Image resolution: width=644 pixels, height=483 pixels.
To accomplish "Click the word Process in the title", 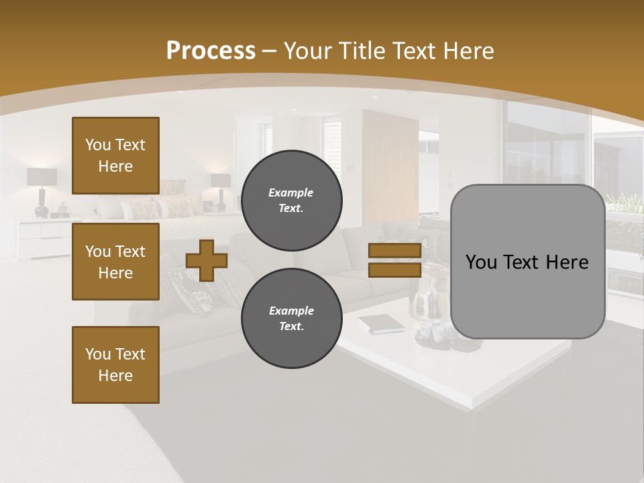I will [x=211, y=50].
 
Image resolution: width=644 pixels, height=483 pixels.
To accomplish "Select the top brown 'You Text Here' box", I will [x=115, y=156].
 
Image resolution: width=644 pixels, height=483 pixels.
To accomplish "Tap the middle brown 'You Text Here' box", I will [x=115, y=262].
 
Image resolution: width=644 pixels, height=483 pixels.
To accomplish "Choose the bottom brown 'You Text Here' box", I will [x=115, y=364].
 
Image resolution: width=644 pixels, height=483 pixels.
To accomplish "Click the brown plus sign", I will [x=207, y=260].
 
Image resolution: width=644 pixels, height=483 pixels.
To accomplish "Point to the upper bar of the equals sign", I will [x=394, y=251].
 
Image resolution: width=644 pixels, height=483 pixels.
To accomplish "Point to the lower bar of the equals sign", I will [x=394, y=270].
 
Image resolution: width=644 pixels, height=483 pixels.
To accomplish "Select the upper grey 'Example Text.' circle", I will [x=291, y=200].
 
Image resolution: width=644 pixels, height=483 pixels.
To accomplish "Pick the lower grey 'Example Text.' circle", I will [x=291, y=318].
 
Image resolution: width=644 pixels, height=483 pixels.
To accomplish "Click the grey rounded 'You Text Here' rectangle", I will [x=527, y=262].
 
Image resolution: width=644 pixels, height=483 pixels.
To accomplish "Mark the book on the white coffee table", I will [x=380, y=324].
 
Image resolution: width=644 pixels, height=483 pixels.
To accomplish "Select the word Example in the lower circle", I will [x=291, y=311].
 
